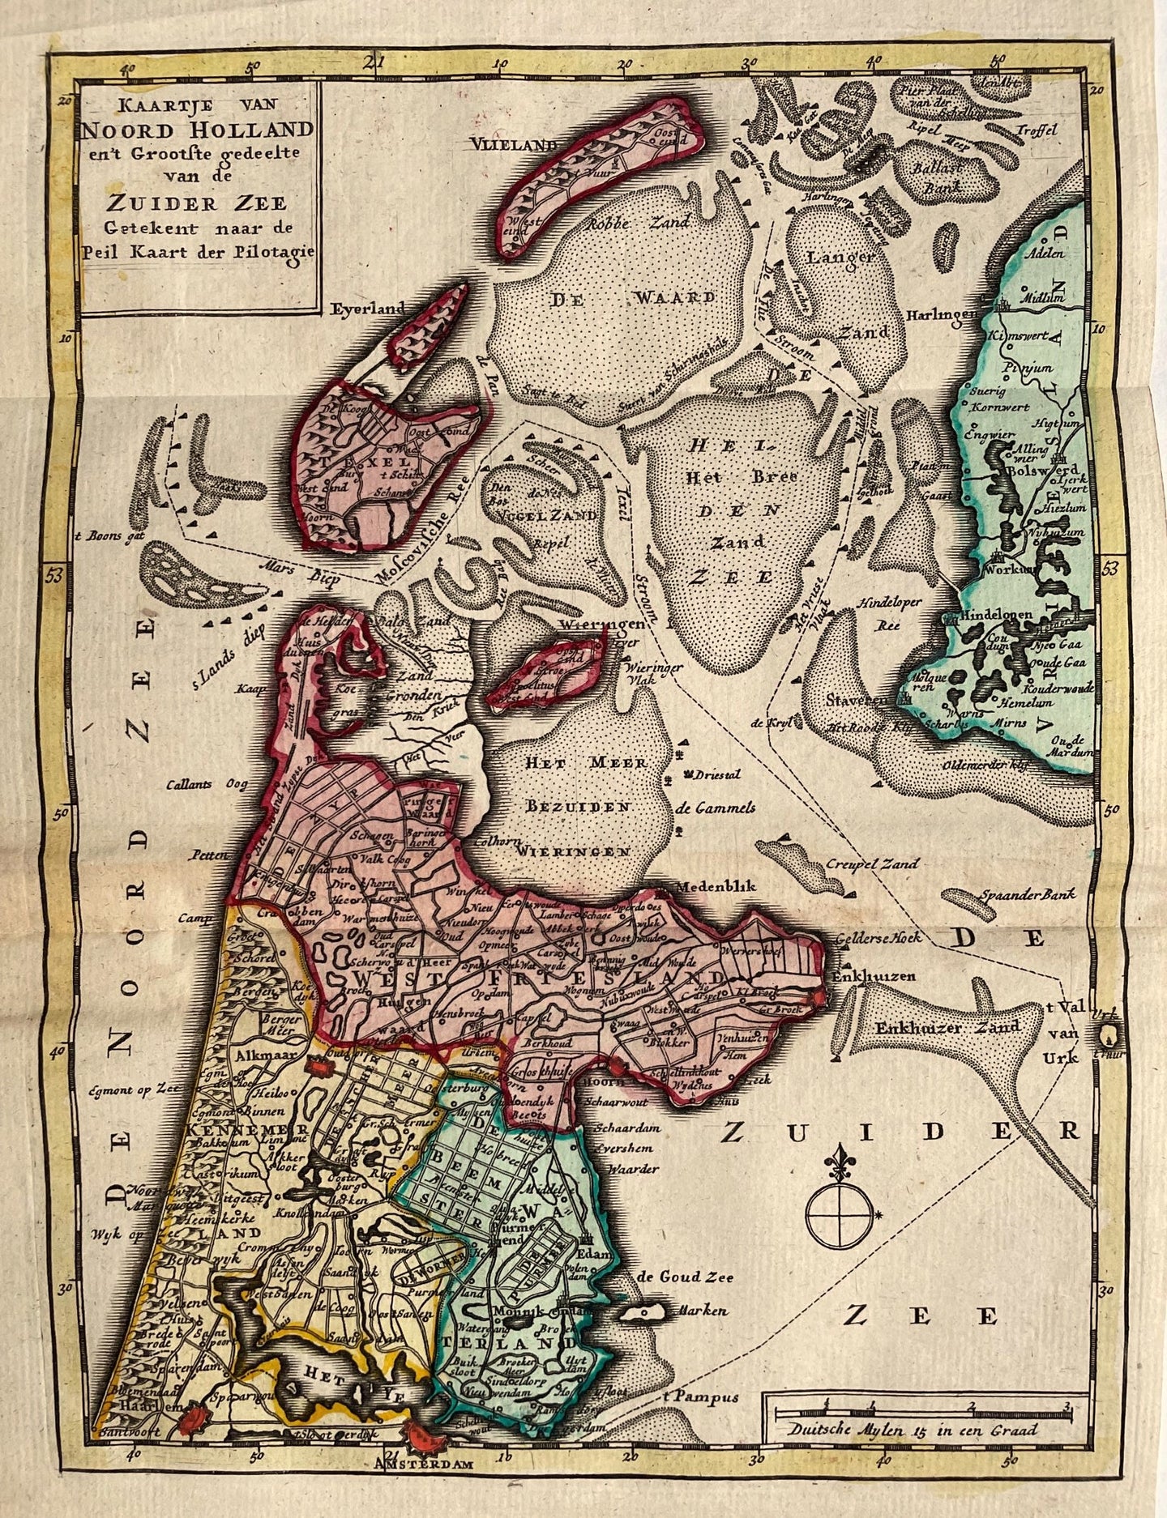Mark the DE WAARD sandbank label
coord(633,297)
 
